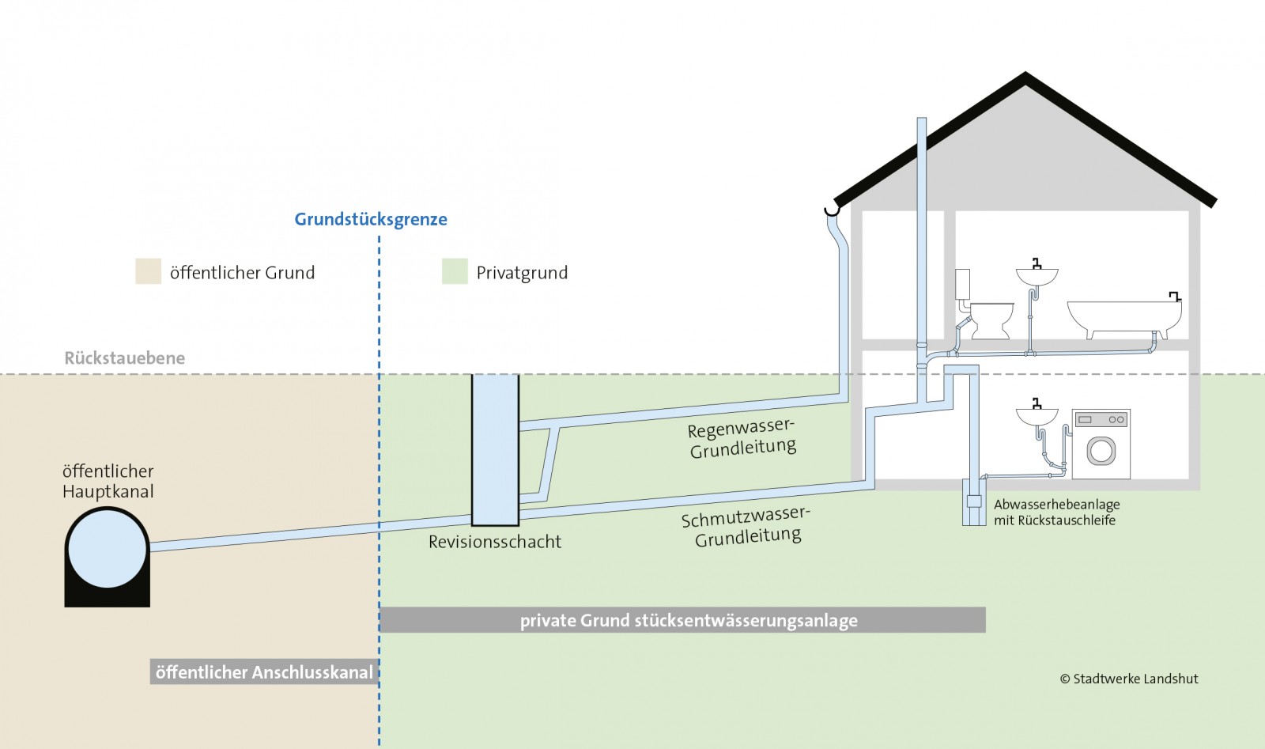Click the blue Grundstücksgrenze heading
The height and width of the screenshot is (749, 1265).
tap(371, 220)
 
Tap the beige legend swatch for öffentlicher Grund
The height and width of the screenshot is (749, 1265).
tap(148, 271)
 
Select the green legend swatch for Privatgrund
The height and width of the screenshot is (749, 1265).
tap(455, 271)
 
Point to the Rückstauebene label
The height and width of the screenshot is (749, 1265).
tap(125, 358)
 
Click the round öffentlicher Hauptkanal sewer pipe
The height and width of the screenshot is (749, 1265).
tap(108, 549)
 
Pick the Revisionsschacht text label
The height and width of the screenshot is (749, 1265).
tap(495, 542)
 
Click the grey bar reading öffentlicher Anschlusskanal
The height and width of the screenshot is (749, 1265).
tap(264, 672)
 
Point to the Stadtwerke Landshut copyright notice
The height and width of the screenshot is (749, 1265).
tap(1129, 679)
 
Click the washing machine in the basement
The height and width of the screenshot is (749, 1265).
tap(1101, 444)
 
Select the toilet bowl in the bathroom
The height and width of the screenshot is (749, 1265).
tap(991, 318)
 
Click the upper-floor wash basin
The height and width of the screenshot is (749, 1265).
tap(1037, 276)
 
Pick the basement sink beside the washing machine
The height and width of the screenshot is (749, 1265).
tap(1037, 415)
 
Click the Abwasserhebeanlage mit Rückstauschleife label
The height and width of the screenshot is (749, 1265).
tap(1056, 513)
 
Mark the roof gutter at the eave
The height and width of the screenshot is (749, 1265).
tap(831, 210)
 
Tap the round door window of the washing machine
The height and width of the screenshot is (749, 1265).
tap(1101, 451)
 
